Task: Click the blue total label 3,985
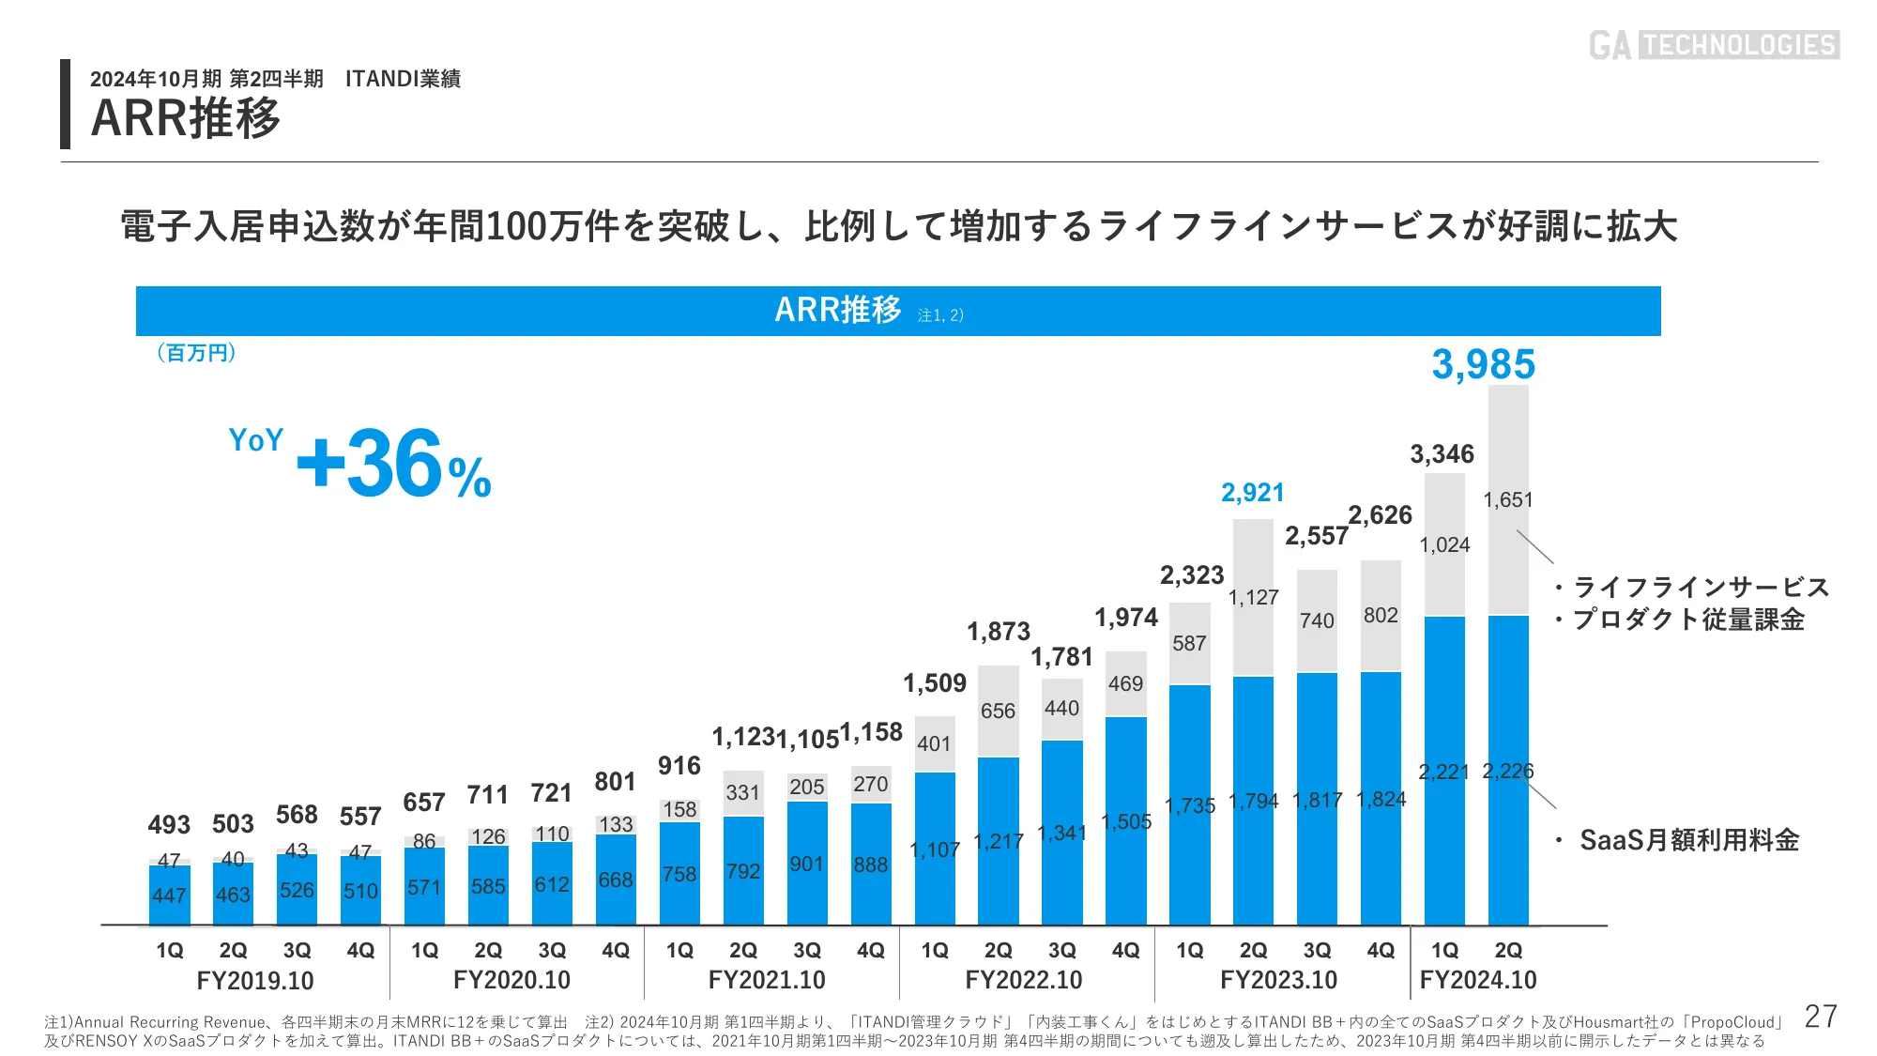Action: pyautogui.click(x=1483, y=364)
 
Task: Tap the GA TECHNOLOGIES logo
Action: pyautogui.click(x=1714, y=45)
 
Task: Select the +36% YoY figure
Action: pyautogui.click(x=393, y=464)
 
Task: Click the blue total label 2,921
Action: pyautogui.click(x=1252, y=492)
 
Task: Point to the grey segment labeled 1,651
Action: pyautogui.click(x=1508, y=500)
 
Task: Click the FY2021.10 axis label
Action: pyautogui.click(x=767, y=980)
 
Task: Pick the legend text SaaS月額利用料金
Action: pyautogui.click(x=1688, y=839)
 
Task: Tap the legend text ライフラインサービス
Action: pyautogui.click(x=1701, y=587)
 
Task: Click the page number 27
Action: pyautogui.click(x=1821, y=1016)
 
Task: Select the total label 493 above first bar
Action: pyautogui.click(x=169, y=824)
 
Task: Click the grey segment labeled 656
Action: pyautogui.click(x=998, y=711)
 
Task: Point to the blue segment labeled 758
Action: pyautogui.click(x=679, y=874)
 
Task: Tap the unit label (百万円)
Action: pyautogui.click(x=196, y=353)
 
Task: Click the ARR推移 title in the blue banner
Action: pyautogui.click(x=837, y=310)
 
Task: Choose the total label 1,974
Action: pyautogui.click(x=1126, y=617)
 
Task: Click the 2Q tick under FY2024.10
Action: pyautogui.click(x=1508, y=950)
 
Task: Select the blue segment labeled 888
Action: pyautogui.click(x=871, y=865)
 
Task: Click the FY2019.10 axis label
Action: pyautogui.click(x=255, y=980)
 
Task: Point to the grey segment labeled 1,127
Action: pyautogui.click(x=1253, y=597)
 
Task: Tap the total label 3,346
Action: pyautogui.click(x=1442, y=454)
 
